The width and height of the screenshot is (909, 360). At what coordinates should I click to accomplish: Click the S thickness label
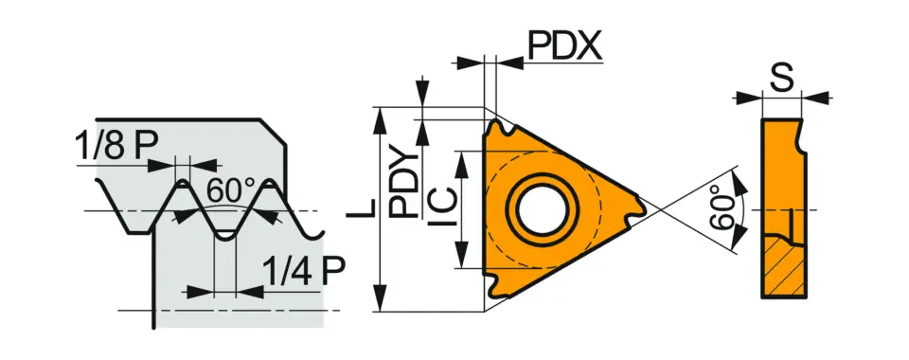point(781,80)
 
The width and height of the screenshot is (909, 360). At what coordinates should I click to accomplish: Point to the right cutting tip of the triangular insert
point(640,207)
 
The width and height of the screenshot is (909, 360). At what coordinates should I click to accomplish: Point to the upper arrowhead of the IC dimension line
point(461,155)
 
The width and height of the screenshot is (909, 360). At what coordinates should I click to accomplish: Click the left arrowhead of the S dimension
point(756,96)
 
